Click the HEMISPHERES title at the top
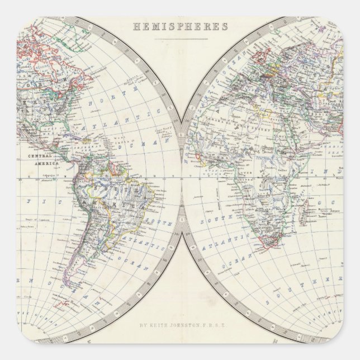(180, 26)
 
